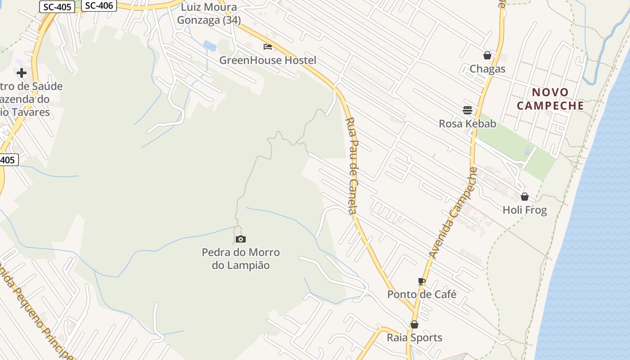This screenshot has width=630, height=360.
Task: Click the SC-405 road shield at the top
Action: tap(57, 7)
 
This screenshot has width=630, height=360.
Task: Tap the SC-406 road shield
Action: tap(99, 5)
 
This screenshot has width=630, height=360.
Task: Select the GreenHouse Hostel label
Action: tap(268, 60)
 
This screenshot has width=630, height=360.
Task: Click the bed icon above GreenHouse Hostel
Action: tap(268, 47)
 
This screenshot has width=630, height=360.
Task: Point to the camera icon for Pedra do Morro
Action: tap(241, 239)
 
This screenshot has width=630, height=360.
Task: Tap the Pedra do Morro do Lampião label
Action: tap(241, 259)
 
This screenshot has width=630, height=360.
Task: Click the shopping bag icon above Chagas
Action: tap(487, 55)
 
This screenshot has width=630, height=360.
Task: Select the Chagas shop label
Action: tap(487, 69)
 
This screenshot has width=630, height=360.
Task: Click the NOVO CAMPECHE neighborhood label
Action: tap(550, 99)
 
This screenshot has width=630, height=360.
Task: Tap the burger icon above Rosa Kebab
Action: tap(467, 110)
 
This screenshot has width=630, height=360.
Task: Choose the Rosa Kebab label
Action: tap(467, 124)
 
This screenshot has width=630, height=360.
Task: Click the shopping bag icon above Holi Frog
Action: tap(524, 197)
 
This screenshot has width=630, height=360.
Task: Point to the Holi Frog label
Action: tap(524, 210)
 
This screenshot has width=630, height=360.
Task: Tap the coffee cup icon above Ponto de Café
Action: tap(422, 281)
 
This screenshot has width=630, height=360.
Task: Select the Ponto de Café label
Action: tap(422, 294)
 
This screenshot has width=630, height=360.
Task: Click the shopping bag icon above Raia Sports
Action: tap(414, 324)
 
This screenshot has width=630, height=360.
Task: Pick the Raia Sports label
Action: tap(414, 337)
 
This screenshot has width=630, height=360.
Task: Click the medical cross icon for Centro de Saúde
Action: tap(21, 73)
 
